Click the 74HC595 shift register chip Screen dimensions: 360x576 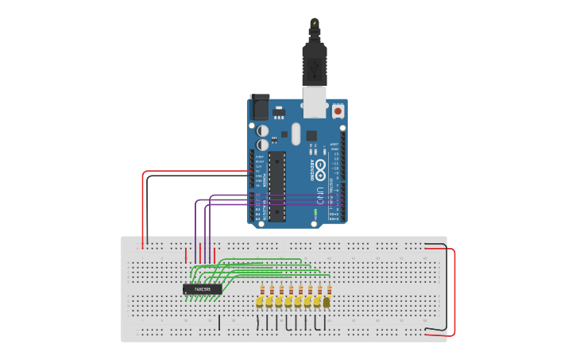202,289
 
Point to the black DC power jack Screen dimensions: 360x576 260,107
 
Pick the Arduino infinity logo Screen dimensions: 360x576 321,168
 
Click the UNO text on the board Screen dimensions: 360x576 322,191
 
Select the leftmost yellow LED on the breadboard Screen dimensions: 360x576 260,302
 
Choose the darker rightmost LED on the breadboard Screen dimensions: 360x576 327,301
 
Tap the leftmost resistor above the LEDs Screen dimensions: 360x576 261,291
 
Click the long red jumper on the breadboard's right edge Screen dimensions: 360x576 454,291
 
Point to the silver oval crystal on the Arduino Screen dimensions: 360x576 296,134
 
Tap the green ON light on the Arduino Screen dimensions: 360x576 316,213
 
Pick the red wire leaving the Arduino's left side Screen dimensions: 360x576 191,171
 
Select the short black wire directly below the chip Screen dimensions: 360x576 219,322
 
